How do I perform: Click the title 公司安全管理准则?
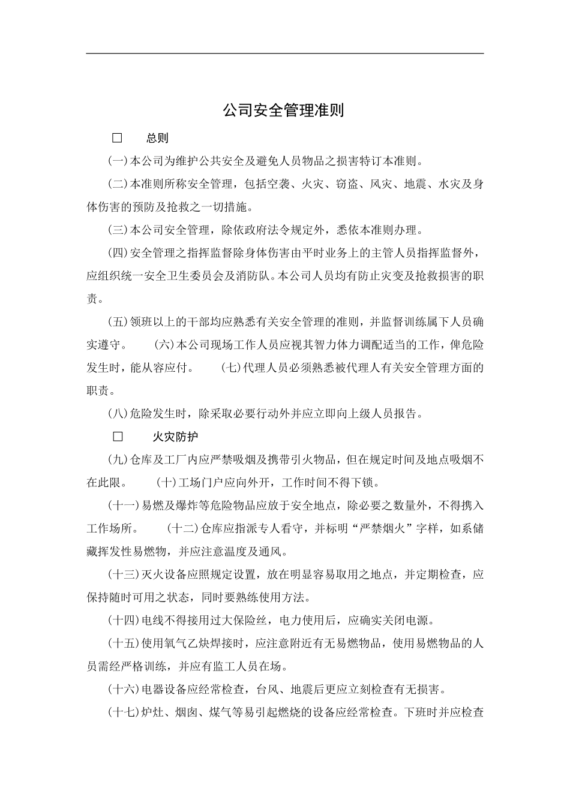point(284,111)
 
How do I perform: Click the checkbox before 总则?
point(117,139)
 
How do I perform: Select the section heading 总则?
point(157,139)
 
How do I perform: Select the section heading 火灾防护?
point(175,437)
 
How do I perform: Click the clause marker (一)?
point(119,161)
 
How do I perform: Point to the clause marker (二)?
point(119,185)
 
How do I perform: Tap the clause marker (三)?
point(119,230)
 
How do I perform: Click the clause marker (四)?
point(119,253)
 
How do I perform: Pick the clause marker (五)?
point(119,322)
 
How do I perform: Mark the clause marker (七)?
point(231,368)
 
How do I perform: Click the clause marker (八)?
point(119,414)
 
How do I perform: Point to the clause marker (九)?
point(119,460)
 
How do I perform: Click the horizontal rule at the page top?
point(284,53)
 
